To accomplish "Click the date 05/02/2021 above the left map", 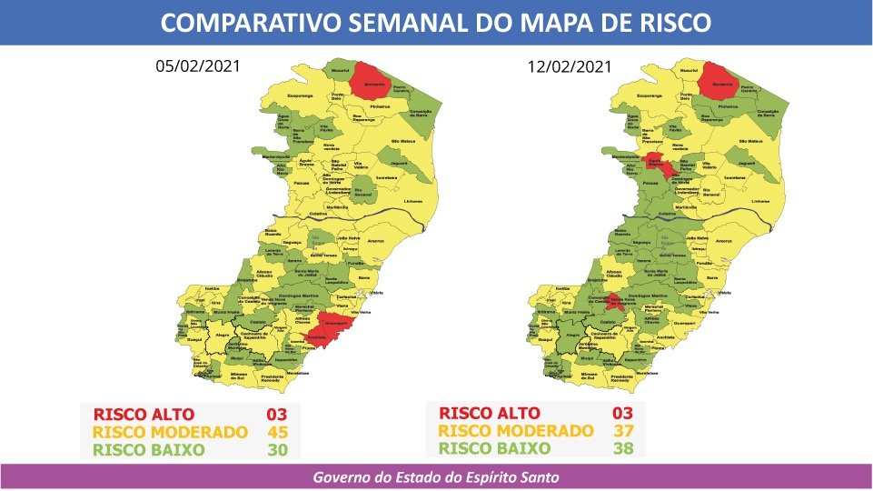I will [198, 66].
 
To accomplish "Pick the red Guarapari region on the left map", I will [337, 322].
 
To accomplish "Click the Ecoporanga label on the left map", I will [299, 95].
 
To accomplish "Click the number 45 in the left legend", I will [276, 432].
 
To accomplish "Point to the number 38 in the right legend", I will [622, 448].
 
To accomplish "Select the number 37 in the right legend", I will [622, 431].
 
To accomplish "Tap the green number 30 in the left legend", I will [276, 449].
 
